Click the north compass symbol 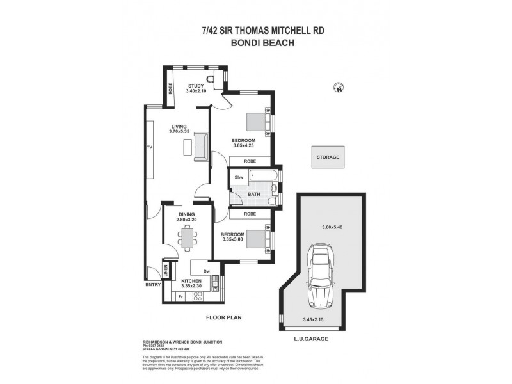[x=338, y=88]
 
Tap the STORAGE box [x=327, y=157]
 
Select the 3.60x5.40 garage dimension [x=332, y=226]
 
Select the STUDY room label [x=195, y=86]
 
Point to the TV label [x=149, y=147]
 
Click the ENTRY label [x=153, y=284]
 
